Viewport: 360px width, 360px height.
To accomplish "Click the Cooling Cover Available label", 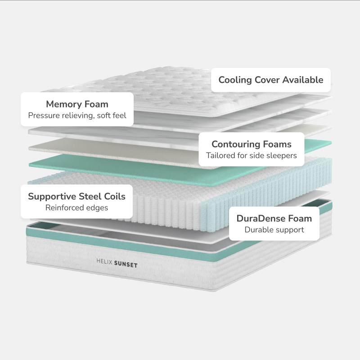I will pos(271,80).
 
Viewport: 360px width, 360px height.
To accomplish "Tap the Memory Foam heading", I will pos(77,104).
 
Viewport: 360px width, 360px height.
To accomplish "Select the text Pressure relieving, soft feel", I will pos(77,116).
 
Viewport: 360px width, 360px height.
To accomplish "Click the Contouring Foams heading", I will pos(252,144).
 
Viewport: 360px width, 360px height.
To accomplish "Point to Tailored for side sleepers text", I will pos(252,156).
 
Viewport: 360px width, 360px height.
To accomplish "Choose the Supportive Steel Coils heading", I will pos(76,196).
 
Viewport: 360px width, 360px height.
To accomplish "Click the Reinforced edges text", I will pos(76,208).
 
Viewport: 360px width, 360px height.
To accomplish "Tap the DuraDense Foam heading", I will pos(274,219).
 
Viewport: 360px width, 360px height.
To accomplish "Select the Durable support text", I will pos(274,230).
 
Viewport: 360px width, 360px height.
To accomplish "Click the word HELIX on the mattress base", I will pos(104,261).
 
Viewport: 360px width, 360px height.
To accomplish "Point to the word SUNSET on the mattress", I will pos(126,265).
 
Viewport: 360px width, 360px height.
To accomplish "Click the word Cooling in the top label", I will pos(235,80).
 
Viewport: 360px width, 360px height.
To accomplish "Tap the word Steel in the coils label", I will pos(92,196).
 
